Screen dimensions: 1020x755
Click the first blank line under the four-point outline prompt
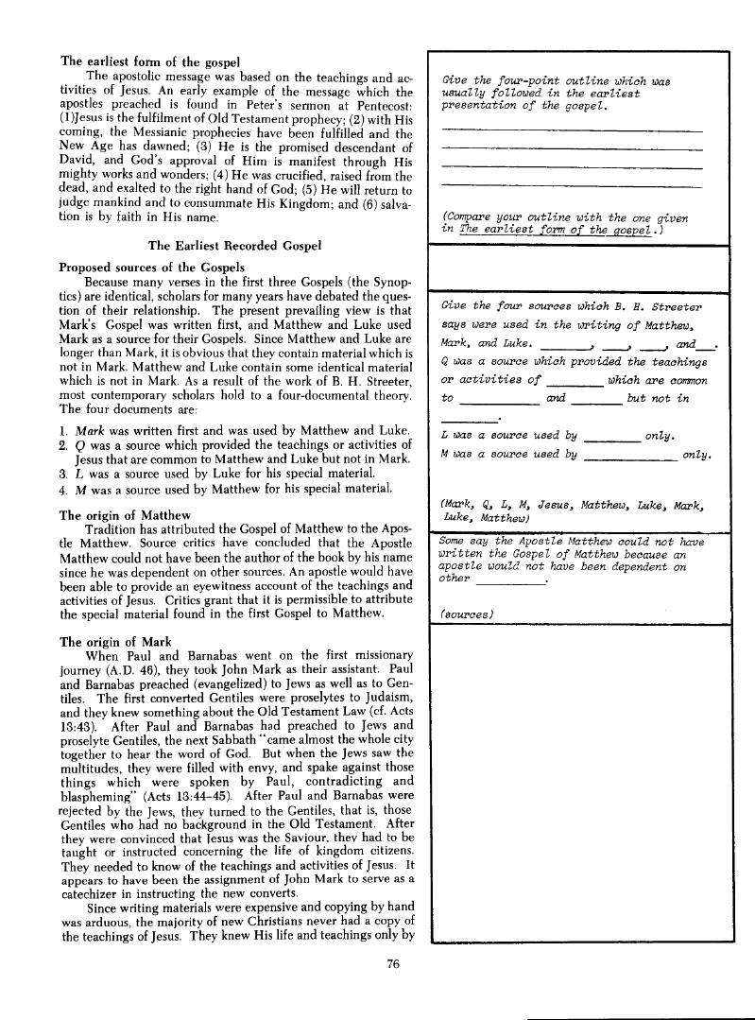[x=572, y=129]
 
